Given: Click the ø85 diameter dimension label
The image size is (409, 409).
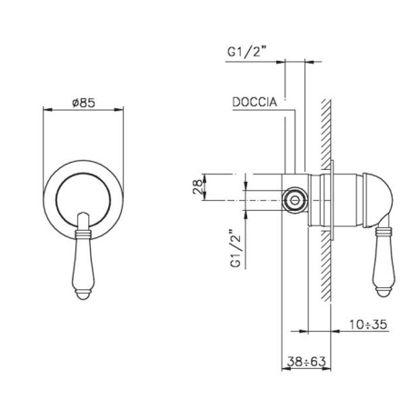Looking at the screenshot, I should point(84,103).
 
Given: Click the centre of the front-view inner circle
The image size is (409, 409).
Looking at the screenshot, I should point(83,194).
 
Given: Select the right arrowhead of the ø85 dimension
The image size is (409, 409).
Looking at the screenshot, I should point(120,114).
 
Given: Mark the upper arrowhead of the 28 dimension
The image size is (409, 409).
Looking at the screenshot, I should point(207,175).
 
